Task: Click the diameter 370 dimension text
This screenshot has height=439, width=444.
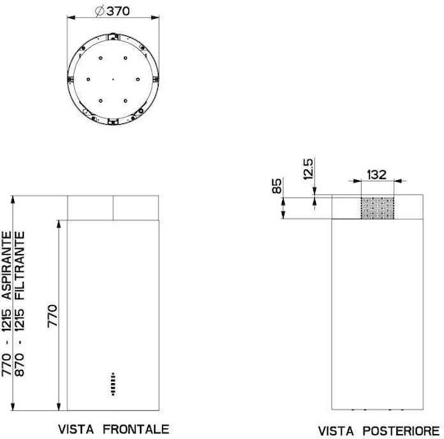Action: pos(113,11)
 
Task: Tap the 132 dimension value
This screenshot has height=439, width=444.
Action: pos(377,174)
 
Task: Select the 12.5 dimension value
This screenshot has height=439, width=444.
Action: pos(308,169)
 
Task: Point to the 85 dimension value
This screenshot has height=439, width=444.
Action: pos(276,186)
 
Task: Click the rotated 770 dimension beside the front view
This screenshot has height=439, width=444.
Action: pos(53,316)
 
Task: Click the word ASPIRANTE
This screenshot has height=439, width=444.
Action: pos(7,266)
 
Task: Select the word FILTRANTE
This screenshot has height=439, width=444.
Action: pos(20,266)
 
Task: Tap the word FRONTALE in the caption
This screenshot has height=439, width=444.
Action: pos(136,429)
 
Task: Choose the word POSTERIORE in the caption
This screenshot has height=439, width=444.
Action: pos(401,431)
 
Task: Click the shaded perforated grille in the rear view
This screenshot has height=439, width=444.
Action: pos(377,208)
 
